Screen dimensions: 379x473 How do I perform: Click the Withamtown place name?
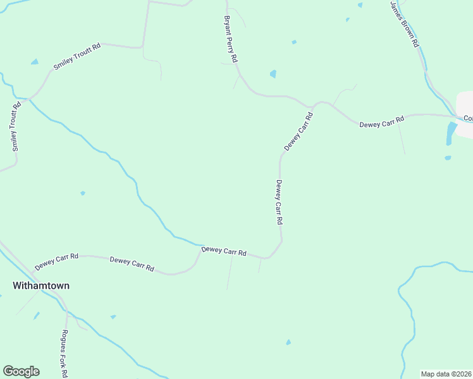[41, 286]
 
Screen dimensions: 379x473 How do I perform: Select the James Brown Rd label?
[405, 25]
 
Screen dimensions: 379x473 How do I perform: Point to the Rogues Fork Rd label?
[64, 353]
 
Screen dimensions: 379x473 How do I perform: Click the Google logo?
[21, 371]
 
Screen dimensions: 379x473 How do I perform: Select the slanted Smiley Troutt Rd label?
[77, 56]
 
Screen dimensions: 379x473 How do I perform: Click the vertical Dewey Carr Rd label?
[278, 203]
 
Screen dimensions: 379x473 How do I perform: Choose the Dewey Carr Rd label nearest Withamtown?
[56, 260]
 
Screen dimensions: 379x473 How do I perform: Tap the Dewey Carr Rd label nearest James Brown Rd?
[381, 121]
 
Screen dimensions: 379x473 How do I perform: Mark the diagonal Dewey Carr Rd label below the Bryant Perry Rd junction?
[298, 132]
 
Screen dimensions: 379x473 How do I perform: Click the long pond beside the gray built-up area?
[451, 133]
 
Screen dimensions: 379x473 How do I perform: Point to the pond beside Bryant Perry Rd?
[273, 74]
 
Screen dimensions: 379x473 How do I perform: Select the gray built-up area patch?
[465, 104]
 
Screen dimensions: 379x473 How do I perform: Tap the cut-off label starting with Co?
[468, 118]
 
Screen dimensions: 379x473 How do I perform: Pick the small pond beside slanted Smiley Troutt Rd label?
[35, 62]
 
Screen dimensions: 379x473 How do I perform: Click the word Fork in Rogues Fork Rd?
[64, 354]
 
